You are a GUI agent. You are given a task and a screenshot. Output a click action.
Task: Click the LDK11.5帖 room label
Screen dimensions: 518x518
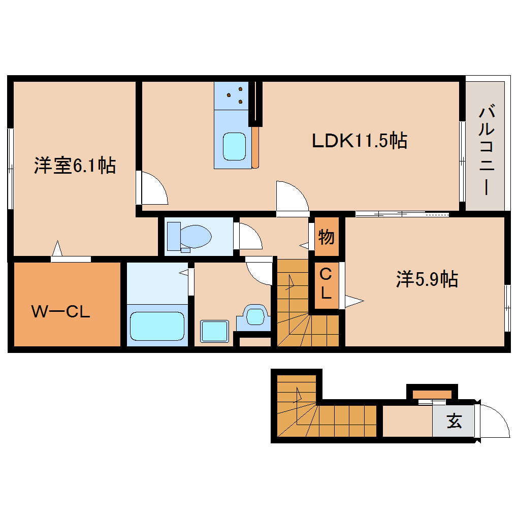pos(359,141)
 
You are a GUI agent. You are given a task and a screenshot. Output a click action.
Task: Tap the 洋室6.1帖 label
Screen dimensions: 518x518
pos(75,166)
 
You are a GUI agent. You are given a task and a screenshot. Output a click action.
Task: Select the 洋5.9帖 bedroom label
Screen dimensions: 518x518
pos(427,279)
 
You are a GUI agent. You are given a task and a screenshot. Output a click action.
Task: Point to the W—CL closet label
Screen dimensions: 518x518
pos(61,311)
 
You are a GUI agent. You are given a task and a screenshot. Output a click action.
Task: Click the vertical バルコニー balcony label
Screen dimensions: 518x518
pos(486,150)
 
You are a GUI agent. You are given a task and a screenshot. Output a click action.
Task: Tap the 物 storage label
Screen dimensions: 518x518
pos(326,237)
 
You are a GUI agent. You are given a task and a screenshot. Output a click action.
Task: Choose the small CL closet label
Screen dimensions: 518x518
pos(326,284)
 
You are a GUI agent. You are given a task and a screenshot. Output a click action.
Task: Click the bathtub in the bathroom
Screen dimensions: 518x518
pos(156,326)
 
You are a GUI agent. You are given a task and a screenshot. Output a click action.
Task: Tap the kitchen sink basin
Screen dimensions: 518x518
pos(235,146)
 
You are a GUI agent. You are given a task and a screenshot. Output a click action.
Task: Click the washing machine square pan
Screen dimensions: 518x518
pos(215,331)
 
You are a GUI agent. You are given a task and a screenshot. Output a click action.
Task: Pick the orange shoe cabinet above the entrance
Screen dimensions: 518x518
pos(432,394)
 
